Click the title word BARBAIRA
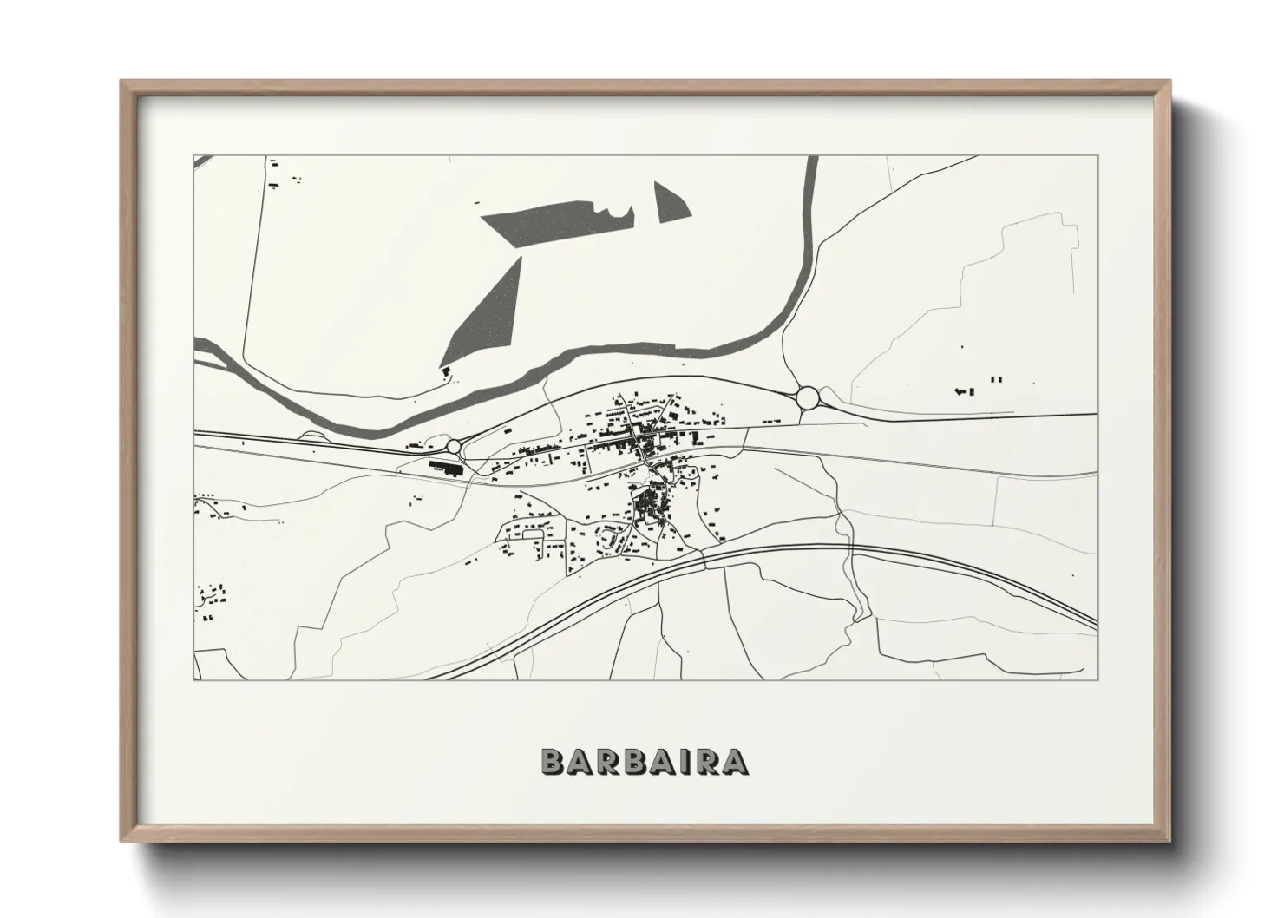pyautogui.click(x=643, y=761)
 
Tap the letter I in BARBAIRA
pyautogui.click(x=674, y=761)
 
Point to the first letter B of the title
pyautogui.click(x=552, y=761)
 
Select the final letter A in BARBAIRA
pyautogui.click(x=735, y=761)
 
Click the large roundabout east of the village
pyautogui.click(x=808, y=397)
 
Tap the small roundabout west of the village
pyautogui.click(x=454, y=446)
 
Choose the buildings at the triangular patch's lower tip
pyautogui.click(x=447, y=372)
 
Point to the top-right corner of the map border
pyautogui.click(x=1097, y=156)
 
